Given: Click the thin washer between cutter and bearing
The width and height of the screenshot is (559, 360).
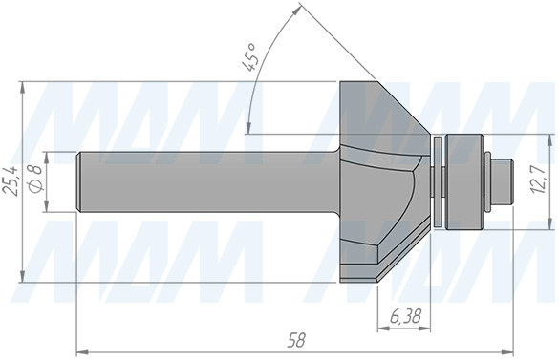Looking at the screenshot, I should pos(438,181).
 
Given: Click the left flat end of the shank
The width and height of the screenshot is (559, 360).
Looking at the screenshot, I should pos(78,181).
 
